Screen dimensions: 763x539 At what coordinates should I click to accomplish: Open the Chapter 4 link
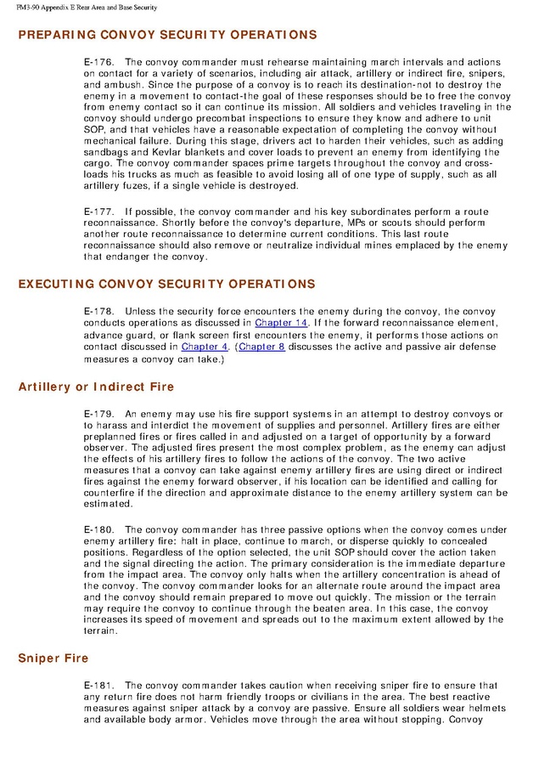[x=205, y=347]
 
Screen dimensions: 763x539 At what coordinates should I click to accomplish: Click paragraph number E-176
[x=99, y=62]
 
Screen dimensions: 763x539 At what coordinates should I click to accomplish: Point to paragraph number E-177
[x=99, y=209]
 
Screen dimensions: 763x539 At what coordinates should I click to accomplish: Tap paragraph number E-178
[x=99, y=311]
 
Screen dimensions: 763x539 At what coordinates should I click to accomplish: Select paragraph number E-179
[x=99, y=413]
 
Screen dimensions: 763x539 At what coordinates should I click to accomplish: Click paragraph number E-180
[x=99, y=528]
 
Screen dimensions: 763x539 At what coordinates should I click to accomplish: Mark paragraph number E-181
[x=99, y=684]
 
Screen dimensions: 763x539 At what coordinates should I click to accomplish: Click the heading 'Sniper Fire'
[x=54, y=658]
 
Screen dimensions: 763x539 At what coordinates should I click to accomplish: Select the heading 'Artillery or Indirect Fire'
[x=96, y=387]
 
